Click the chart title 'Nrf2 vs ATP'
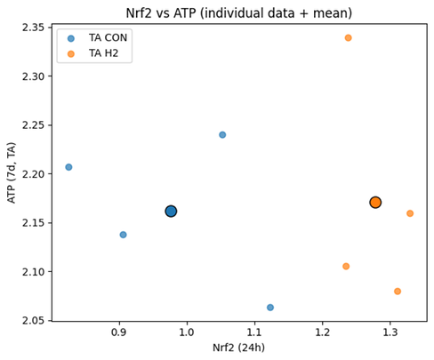(x=238, y=12)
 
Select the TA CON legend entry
(x=95, y=37)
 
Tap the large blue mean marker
(x=171, y=212)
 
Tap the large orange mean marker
(x=375, y=203)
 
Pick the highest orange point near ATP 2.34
(x=348, y=38)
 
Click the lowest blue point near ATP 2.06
(x=270, y=308)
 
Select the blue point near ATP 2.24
(x=222, y=135)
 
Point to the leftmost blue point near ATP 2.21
(x=68, y=167)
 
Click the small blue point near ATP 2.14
(x=123, y=235)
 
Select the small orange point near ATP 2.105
(x=346, y=267)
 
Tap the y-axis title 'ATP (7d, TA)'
(x=12, y=172)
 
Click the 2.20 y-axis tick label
(x=33, y=174)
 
